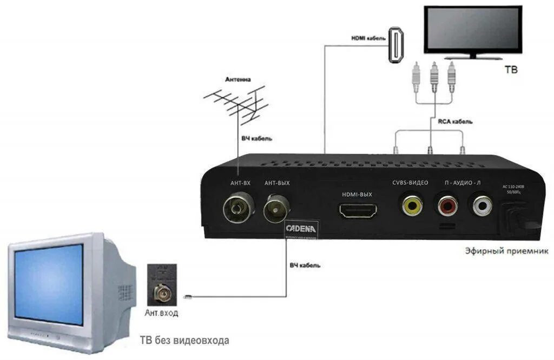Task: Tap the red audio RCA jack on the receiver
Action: point(447,205)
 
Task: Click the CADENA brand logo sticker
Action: point(301,229)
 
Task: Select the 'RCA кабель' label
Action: point(455,122)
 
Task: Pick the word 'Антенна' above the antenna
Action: point(238,79)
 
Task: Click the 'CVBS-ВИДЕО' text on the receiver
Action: point(410,183)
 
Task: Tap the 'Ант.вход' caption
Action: point(161,313)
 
